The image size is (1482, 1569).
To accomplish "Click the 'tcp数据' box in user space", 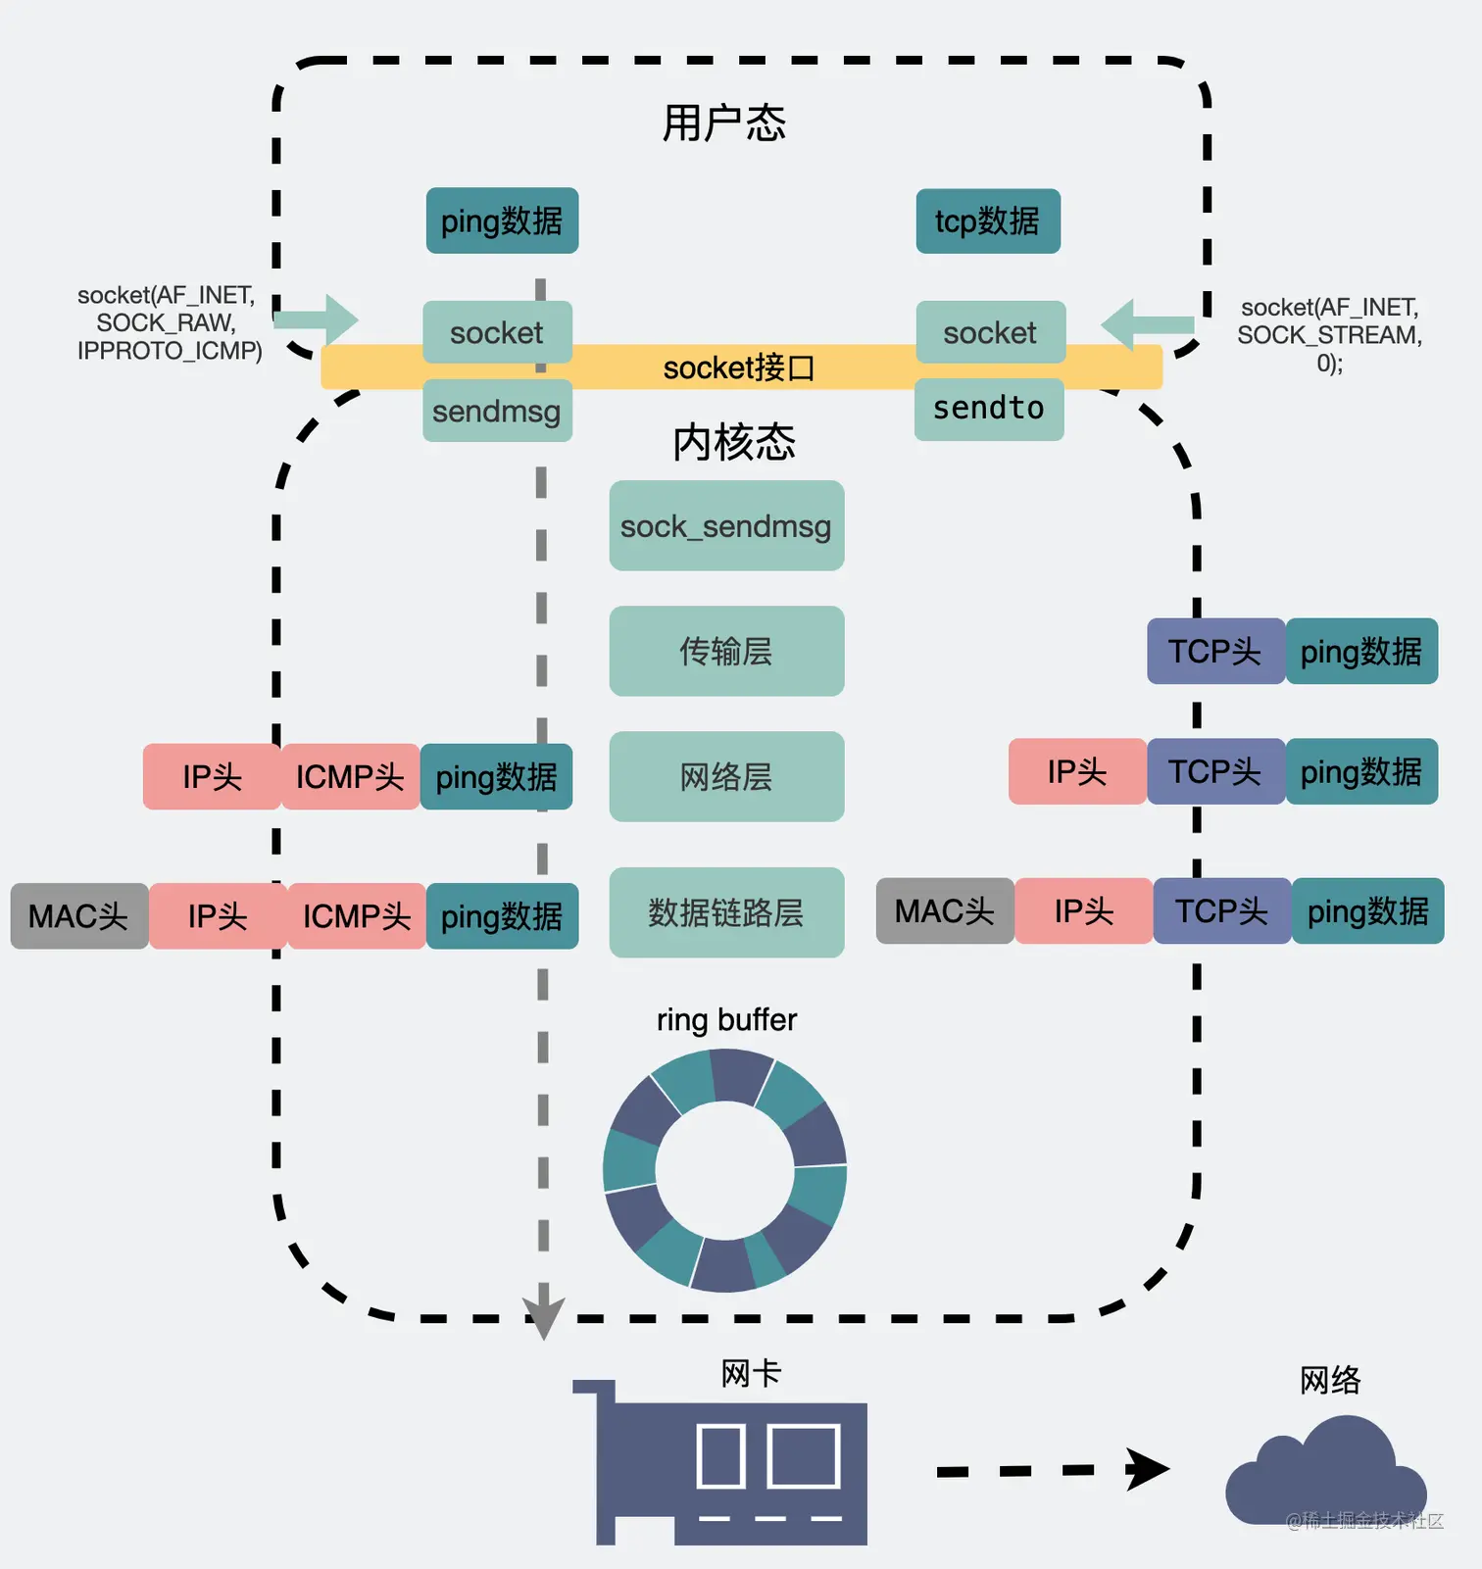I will pos(988,221).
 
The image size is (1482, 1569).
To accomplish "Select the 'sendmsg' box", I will pos(497,411).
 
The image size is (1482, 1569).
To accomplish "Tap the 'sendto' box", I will pos(989,409).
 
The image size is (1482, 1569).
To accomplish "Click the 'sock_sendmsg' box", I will pos(726,526).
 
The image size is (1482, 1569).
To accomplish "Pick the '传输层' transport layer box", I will pos(726,652).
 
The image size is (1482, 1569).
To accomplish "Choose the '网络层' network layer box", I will pos(726,777).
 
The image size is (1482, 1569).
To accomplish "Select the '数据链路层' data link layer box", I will pos(726,912).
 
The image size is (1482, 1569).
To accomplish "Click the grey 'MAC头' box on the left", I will pos(79,916).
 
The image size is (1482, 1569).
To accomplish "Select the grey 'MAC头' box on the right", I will pos(945,911).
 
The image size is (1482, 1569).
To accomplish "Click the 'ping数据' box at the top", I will pos(502,221).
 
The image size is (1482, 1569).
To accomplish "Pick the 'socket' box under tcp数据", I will pos(990,333).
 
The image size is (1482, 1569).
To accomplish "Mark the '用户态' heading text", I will pos(724,123).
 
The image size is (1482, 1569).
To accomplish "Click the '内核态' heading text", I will pos(733,443).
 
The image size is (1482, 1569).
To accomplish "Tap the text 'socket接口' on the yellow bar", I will pos(739,368).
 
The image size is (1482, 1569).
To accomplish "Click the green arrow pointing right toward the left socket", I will pos(319,319).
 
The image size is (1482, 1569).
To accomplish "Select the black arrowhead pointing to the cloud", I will pos(1147,1469).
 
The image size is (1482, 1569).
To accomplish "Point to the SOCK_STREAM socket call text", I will pos(1329,335).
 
